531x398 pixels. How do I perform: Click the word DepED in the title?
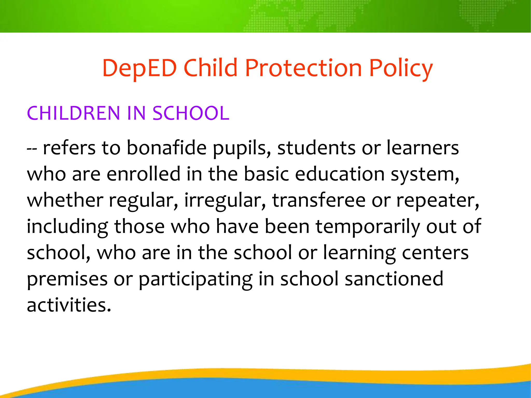point(139,68)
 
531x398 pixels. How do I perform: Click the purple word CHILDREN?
point(73,113)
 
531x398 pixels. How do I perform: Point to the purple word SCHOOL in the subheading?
point(191,113)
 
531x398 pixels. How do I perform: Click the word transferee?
point(319,200)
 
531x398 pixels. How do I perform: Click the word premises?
point(67,280)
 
